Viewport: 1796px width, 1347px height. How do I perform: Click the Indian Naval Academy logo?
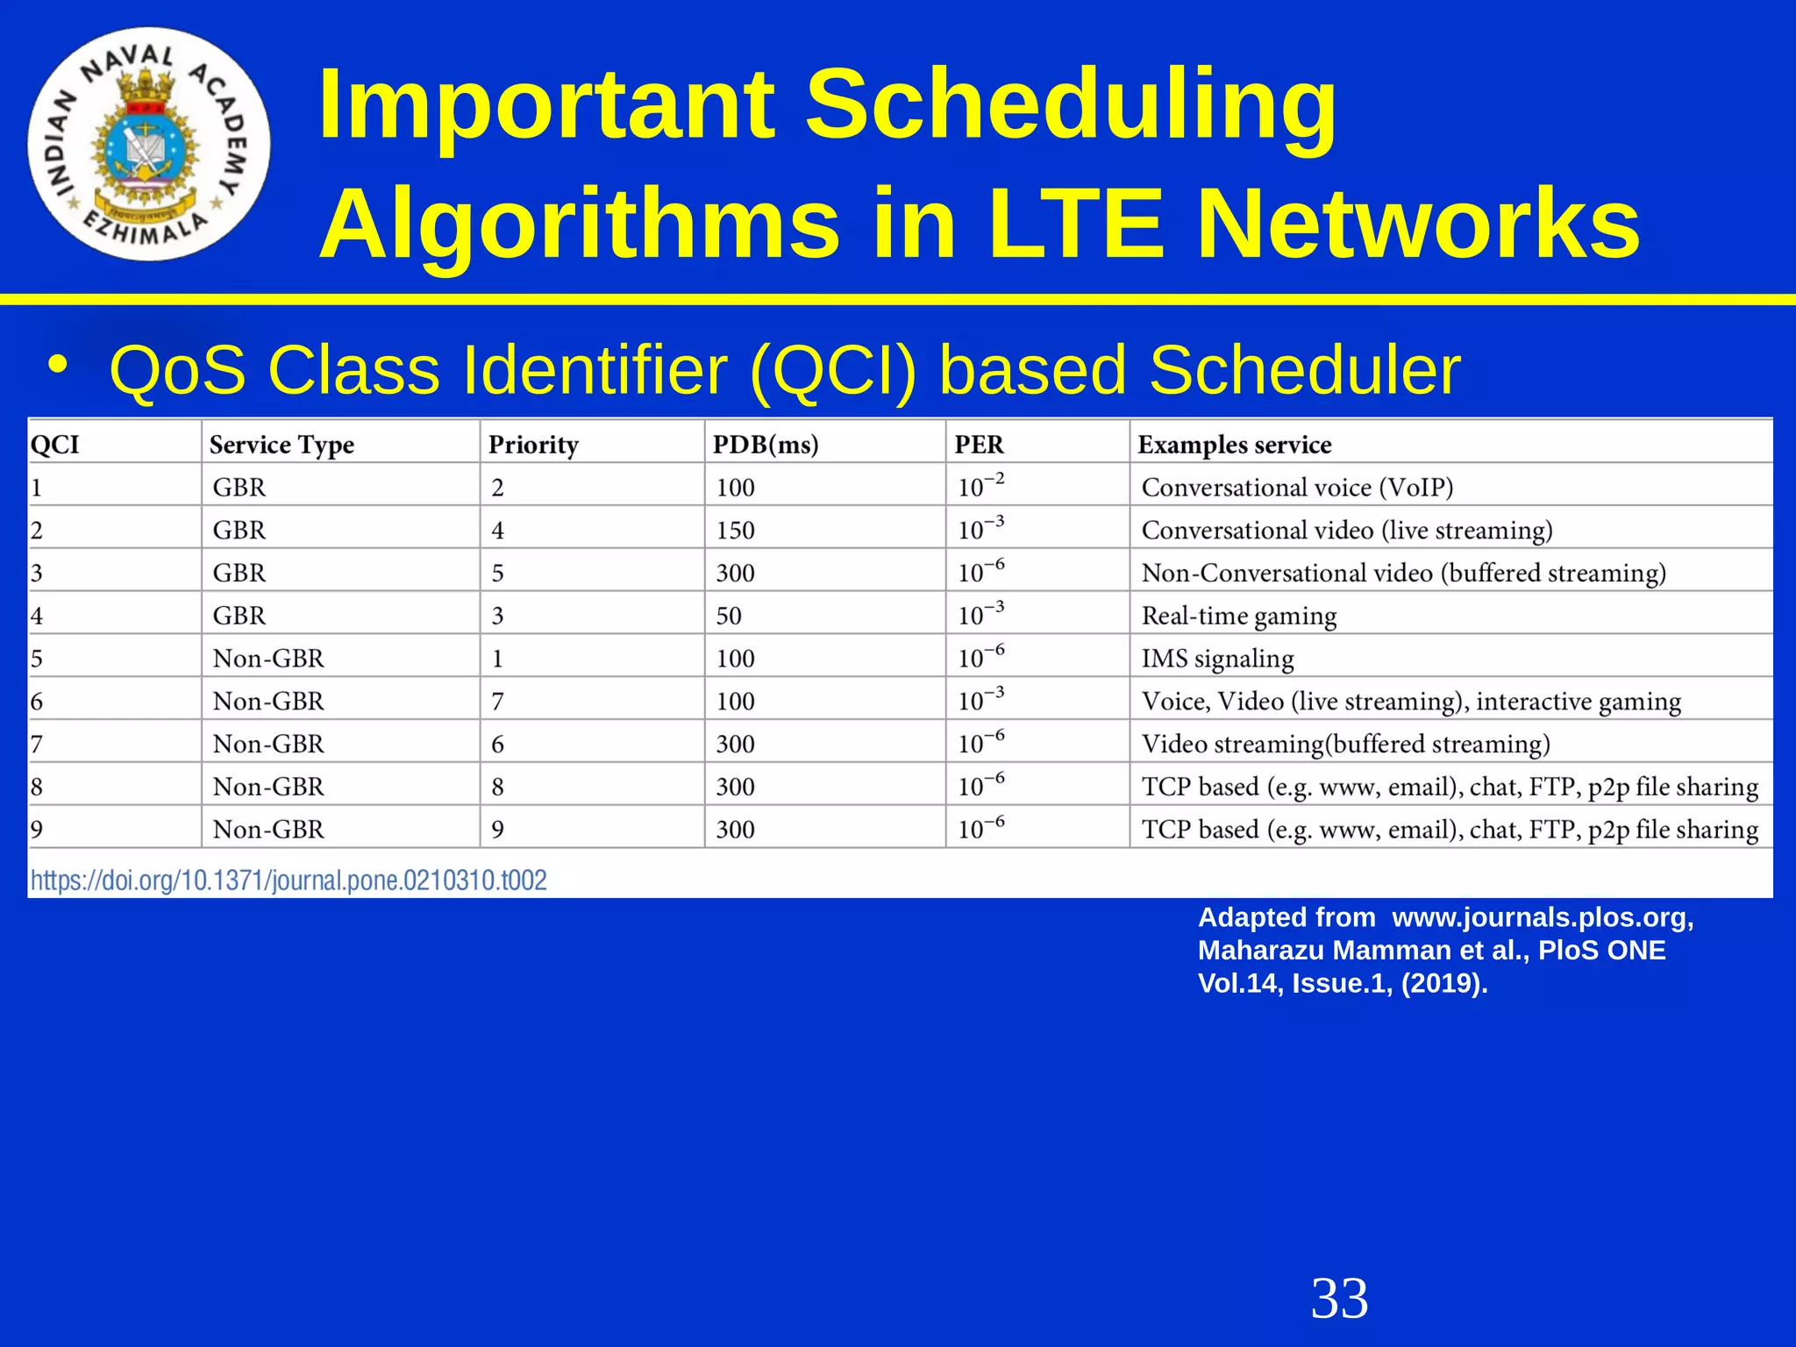click(x=148, y=145)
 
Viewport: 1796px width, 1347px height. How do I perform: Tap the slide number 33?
click(x=1339, y=1299)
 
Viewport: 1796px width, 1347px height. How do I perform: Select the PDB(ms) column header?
click(x=766, y=445)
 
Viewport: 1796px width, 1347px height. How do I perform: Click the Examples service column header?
click(x=1234, y=445)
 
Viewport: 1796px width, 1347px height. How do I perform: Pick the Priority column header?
click(x=533, y=445)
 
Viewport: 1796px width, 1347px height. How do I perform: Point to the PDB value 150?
click(x=735, y=531)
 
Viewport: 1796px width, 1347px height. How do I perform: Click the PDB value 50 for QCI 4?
click(x=729, y=616)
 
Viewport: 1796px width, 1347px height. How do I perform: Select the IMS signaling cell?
click(x=1217, y=659)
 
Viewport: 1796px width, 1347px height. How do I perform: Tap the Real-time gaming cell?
click(x=1238, y=616)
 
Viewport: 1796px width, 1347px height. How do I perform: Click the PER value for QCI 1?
click(x=980, y=485)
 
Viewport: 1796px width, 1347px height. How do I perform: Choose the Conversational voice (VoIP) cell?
click(x=1297, y=488)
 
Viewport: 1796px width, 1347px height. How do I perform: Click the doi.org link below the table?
click(x=289, y=880)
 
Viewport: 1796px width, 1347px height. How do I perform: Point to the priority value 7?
click(x=497, y=702)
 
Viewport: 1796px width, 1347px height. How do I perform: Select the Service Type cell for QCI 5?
click(x=268, y=659)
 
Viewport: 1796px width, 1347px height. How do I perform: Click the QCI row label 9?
click(x=37, y=830)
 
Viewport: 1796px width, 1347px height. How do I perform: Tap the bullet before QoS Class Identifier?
click(x=59, y=365)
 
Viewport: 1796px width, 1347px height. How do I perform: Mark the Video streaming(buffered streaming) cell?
click(x=1345, y=745)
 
